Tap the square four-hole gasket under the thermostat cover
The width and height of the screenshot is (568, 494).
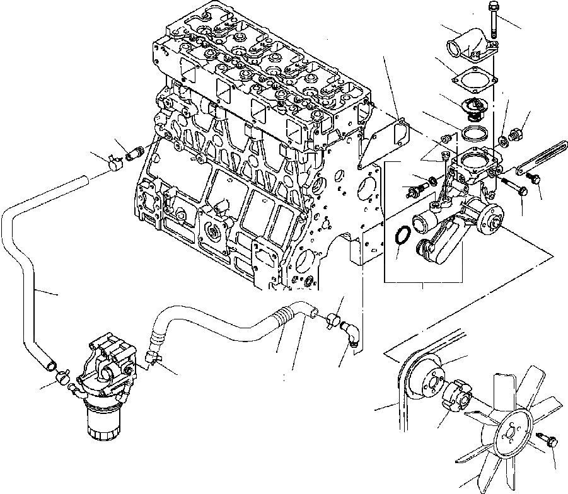[x=473, y=80]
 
